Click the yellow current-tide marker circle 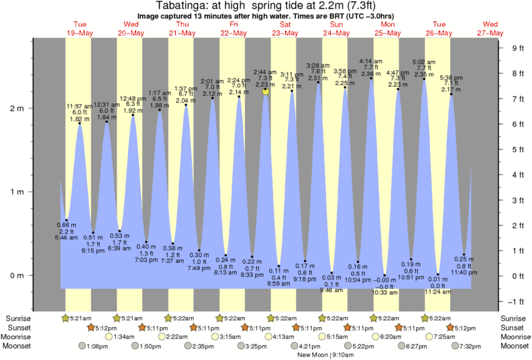click(266, 91)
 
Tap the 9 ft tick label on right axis click(517, 48)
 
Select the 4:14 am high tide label click(370, 61)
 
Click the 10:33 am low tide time click(386, 293)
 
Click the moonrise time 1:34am click(123, 337)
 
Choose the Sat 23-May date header click(285, 29)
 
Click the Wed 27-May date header click(490, 29)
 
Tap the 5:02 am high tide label click(424, 61)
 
